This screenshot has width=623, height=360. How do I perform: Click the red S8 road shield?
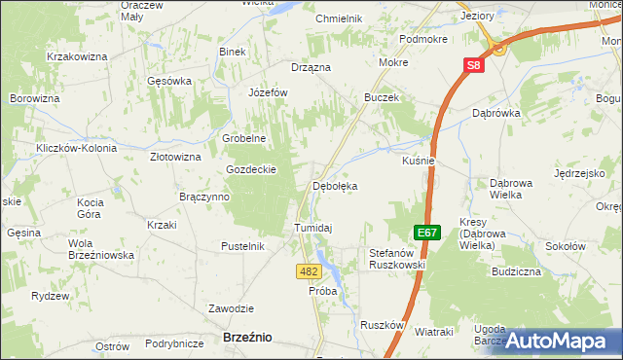[472, 65]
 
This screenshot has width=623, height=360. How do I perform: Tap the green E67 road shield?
[426, 233]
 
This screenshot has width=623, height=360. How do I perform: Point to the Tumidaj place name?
[313, 228]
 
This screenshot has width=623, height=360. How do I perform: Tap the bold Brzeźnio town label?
[247, 337]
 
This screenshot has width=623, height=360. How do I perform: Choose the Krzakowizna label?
[76, 57]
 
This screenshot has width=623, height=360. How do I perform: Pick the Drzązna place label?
[311, 67]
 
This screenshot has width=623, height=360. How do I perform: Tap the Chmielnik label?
[339, 18]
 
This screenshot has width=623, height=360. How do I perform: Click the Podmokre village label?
[422, 39]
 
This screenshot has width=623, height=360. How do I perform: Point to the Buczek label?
[382, 98]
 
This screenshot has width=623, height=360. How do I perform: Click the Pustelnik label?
[243, 246]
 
